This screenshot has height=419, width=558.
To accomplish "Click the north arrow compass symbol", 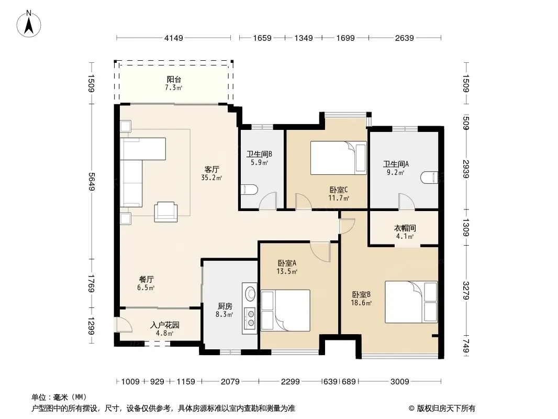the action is (x=29, y=24).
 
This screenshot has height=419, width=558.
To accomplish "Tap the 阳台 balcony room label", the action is (x=174, y=80).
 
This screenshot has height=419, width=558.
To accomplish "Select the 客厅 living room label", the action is (x=212, y=170).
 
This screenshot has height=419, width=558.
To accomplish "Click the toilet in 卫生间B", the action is (x=249, y=190).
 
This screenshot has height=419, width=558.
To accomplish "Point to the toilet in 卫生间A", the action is (x=429, y=178).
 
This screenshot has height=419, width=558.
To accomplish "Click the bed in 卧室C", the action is (x=339, y=158).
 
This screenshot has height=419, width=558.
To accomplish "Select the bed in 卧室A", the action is (x=285, y=311).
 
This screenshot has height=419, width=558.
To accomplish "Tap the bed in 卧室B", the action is (x=411, y=302).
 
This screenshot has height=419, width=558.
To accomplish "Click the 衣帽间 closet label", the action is (x=405, y=228).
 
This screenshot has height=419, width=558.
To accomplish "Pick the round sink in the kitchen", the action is (x=251, y=294).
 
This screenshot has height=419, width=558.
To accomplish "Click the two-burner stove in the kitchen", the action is (x=251, y=318).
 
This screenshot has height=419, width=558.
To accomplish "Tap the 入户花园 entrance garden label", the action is (x=165, y=325).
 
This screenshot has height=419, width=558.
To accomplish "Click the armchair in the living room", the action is (x=166, y=212).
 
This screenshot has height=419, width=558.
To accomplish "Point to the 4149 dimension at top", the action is (x=174, y=38).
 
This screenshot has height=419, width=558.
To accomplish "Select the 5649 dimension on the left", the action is (x=92, y=182).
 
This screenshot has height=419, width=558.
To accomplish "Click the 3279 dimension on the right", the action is (x=466, y=291).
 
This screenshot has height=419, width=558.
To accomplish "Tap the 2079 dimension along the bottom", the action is (x=230, y=382).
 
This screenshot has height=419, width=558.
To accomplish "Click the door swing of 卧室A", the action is (x=321, y=252).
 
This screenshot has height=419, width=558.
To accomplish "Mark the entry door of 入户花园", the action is (x=123, y=324).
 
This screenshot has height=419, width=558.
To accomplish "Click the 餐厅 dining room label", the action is (x=146, y=280).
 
